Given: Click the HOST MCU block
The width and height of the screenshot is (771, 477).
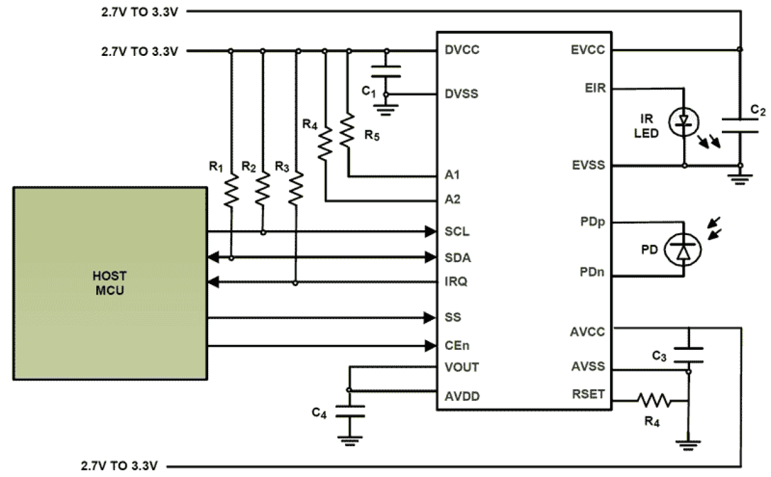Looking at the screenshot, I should click(109, 282).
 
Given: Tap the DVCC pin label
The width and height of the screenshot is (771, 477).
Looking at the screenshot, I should click(462, 50).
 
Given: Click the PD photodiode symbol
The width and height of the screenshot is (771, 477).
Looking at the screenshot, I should click(683, 249).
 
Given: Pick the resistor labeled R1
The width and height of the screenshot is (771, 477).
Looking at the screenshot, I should click(231, 190).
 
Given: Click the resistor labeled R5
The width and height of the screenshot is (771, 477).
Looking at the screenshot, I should click(348, 130).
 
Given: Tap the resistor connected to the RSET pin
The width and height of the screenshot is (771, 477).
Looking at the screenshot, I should click(654, 401).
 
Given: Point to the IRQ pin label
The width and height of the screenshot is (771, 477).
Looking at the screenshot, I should click(455, 282).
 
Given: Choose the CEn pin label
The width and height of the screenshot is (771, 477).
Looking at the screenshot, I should click(457, 345).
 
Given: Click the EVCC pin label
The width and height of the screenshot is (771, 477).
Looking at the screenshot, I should click(589, 50).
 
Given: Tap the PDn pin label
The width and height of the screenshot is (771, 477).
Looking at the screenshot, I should click(592, 271).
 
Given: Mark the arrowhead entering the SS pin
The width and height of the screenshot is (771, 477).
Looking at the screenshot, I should click(430, 318).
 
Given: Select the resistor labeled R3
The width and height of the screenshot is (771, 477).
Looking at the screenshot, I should click(296, 190).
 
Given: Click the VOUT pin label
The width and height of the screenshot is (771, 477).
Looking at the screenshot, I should click(461, 367).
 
